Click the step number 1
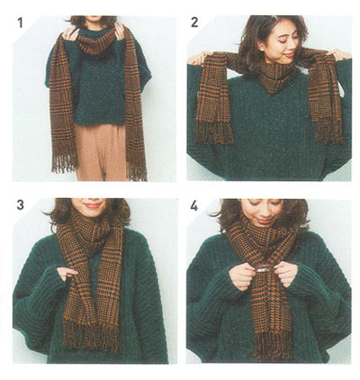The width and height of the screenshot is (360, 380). coord(20,23)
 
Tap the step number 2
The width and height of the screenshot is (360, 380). coord(194,23)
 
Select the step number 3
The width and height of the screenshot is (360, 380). coord(20,204)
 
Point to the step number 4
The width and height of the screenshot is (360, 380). coord(194,206)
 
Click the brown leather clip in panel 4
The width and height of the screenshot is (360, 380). coord(264,269)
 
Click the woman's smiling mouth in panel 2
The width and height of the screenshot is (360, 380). coord(289,55)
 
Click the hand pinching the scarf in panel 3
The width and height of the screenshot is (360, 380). coord(67,273)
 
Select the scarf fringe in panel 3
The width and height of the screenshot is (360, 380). coord(93,333)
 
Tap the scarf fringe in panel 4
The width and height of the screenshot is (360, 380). coord(273,344)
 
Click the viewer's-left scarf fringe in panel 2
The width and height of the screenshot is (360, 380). coord(213,131)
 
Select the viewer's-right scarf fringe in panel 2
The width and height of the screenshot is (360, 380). coord(329,132)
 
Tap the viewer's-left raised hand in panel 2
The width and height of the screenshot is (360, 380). coord(198,59)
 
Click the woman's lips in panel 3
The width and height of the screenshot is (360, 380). coord(93,205)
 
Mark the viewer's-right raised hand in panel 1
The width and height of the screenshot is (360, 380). coord(120,32)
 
